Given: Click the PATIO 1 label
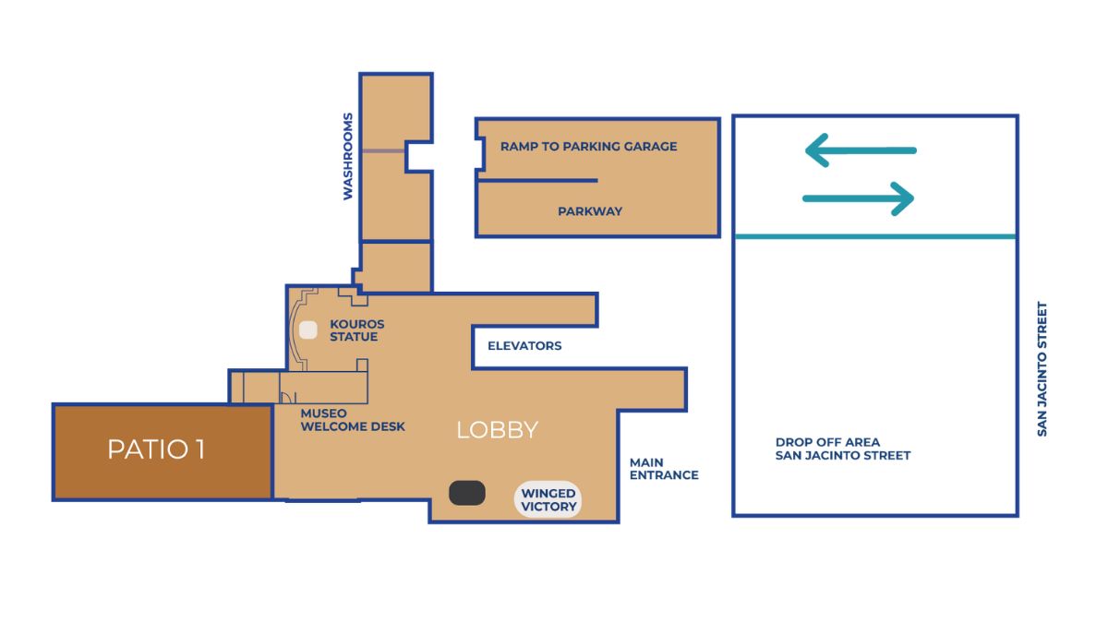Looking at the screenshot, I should coord(156,449).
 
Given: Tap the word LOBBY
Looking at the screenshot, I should coord(497,430).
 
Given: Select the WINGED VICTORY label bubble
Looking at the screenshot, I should coord(548,500).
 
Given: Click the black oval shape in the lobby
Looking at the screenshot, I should coord(467,493).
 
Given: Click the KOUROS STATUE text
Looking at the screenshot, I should coord(356,330).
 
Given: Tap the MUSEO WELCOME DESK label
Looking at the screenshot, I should coord(352,420).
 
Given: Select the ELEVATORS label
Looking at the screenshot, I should coord(524,346).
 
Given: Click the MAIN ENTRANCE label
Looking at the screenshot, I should coord(663,469).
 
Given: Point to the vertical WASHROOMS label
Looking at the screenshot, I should coord(348,156).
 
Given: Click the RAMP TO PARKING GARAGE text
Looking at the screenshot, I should coord(588,147).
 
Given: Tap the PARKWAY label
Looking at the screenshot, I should coord(589,211).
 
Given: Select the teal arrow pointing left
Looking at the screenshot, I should coord(860,150).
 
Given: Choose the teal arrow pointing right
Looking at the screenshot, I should coord(859,198).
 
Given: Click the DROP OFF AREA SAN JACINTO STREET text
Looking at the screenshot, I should coord(842,449).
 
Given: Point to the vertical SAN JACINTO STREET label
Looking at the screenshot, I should coord(1042,369).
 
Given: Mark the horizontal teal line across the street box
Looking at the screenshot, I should coord(874,236).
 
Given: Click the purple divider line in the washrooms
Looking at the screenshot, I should coord(382,150).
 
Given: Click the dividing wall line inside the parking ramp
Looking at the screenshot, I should coord(537,180).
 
